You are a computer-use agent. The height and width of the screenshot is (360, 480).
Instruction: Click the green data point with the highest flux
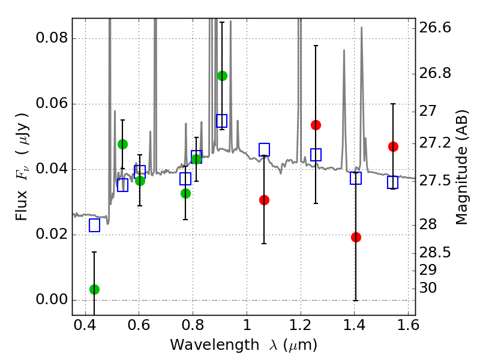point(222,76)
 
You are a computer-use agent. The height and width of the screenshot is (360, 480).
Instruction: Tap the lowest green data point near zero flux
point(94,289)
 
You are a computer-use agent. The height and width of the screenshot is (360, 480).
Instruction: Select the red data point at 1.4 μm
point(356,237)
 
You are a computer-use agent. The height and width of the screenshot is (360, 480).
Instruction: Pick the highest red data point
point(316,125)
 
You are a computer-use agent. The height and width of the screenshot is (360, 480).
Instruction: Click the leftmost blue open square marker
point(94,226)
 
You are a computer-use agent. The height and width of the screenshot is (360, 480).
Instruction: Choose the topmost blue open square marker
point(222,121)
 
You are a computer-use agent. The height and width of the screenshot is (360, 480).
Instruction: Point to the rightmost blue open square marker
point(393,182)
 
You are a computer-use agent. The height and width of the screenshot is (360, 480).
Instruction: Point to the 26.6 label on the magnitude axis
point(438,28)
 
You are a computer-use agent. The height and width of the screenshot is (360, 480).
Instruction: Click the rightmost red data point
point(393,146)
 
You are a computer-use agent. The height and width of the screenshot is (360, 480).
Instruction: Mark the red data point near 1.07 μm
point(264,200)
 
